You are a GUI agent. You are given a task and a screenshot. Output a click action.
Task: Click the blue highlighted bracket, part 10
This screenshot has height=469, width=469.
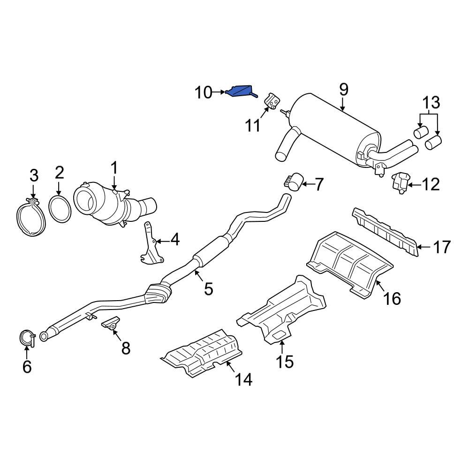tap(240, 91)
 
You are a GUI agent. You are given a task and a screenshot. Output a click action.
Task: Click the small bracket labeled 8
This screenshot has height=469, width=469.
tap(111, 323)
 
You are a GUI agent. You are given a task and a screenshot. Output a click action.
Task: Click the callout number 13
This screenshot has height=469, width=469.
tap(431, 102)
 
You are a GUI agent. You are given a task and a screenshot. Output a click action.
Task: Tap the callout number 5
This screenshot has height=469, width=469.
tap(208, 288)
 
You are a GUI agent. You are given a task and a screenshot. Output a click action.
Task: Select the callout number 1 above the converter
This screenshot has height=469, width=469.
tap(113, 167)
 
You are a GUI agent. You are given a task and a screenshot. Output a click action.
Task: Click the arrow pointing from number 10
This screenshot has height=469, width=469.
tap(220, 93)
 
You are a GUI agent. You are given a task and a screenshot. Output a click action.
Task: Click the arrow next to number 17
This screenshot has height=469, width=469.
tap(424, 246)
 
